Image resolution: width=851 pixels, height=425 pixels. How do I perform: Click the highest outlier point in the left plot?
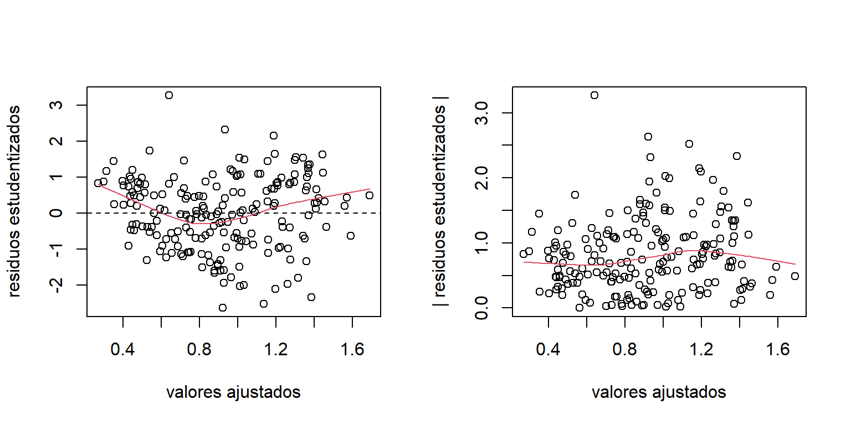coord(169,95)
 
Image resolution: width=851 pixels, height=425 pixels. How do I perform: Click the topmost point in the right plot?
coord(594,95)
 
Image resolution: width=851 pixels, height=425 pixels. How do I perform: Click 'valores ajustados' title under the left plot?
coord(233,392)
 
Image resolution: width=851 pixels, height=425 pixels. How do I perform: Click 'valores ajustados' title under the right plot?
coord(659,392)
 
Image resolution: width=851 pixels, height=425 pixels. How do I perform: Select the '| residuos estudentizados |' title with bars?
coord(442,201)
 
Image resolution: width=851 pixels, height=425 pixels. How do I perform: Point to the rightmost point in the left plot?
coord(370,195)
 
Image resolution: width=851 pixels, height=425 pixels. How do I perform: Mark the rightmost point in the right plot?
coord(795,276)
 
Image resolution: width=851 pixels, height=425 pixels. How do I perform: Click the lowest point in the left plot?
coord(223,308)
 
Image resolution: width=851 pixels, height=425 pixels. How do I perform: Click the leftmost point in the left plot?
coord(98,183)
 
